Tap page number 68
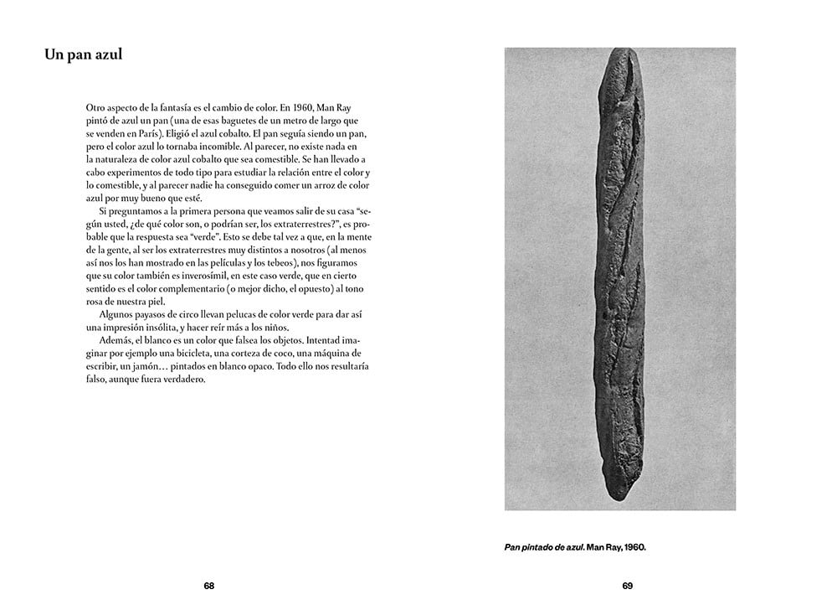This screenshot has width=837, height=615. (209, 586)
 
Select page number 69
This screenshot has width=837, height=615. (627, 586)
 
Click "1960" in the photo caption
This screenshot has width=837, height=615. (634, 548)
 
